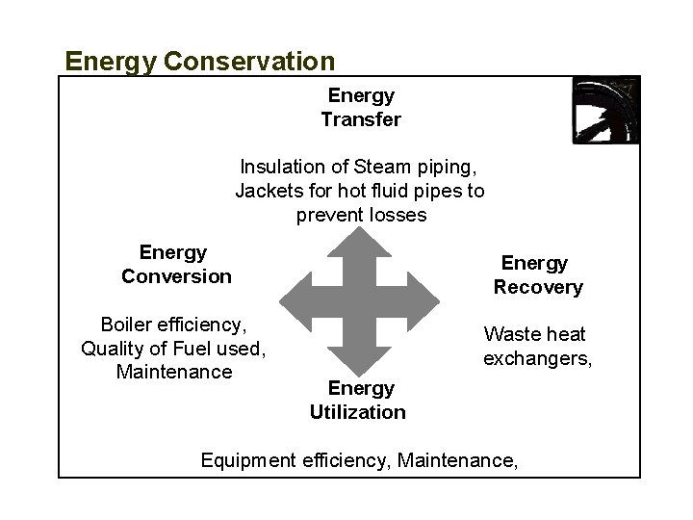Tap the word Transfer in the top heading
pyautogui.click(x=361, y=120)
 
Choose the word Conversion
pyautogui.click(x=176, y=276)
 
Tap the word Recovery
pyautogui.click(x=538, y=287)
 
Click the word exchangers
pyautogui.click(x=536, y=359)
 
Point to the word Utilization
pyautogui.click(x=358, y=412)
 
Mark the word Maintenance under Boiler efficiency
pyautogui.click(x=173, y=371)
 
